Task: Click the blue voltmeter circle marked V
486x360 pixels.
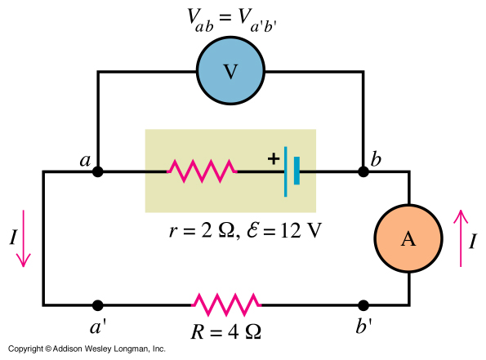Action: (230, 72)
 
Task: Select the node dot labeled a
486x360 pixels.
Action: (98, 172)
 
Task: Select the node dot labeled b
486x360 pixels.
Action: (363, 172)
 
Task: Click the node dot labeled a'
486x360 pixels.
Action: (98, 304)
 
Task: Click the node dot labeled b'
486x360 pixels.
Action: (363, 304)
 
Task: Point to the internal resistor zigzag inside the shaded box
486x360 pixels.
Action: (202, 171)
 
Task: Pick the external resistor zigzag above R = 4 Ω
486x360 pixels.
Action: (226, 304)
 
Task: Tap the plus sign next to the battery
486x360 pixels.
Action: (272, 158)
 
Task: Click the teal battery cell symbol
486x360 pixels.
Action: (291, 172)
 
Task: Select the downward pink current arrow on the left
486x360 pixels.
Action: (25, 238)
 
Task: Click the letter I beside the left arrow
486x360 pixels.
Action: (11, 238)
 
